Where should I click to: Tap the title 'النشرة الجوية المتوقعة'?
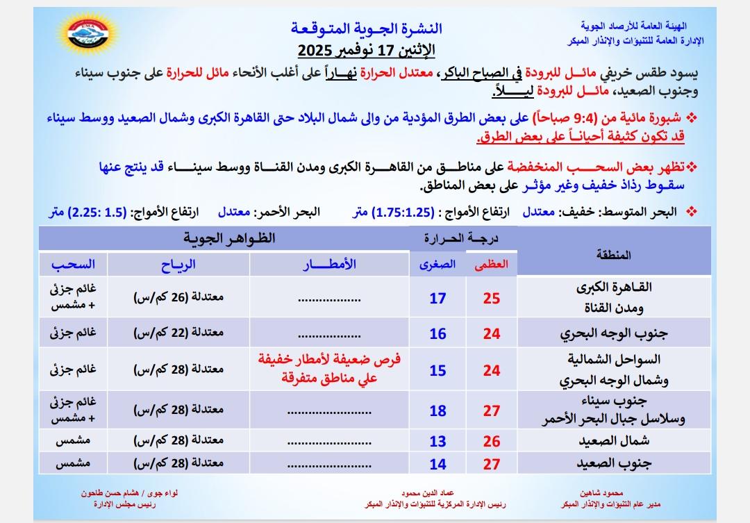click(x=368, y=28)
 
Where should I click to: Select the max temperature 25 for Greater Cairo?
click(x=492, y=299)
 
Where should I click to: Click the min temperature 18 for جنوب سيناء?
click(x=437, y=410)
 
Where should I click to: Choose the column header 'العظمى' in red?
click(x=492, y=264)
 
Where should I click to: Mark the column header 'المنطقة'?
click(x=614, y=255)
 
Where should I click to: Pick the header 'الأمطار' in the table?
click(x=330, y=264)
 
